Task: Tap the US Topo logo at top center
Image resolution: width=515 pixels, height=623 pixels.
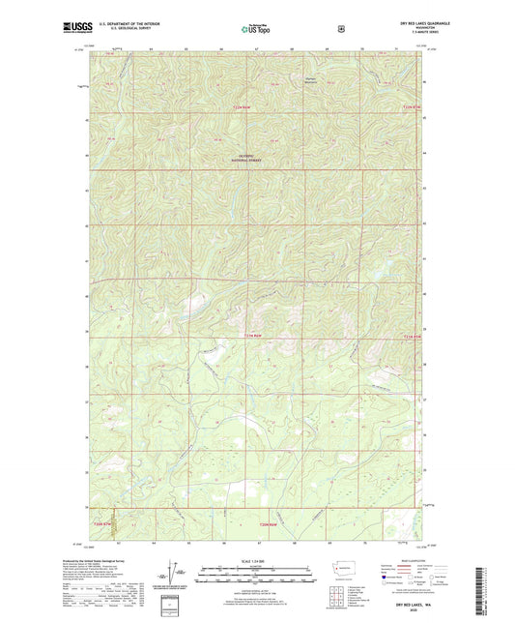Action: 256,29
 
